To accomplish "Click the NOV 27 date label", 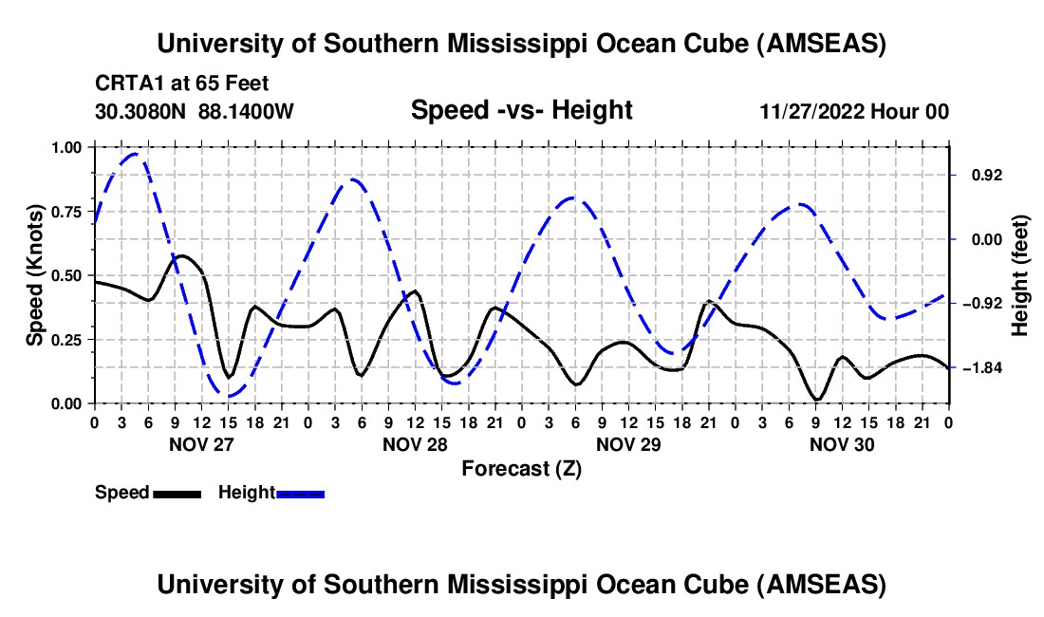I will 200,443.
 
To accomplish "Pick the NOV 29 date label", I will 628,443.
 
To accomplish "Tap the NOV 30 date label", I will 842,443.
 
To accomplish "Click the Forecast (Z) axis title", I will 521,468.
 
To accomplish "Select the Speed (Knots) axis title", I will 34,275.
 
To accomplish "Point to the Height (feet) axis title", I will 1019,275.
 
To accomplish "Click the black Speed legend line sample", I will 177,493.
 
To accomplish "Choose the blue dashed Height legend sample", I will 300,493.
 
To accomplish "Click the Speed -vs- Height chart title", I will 521,110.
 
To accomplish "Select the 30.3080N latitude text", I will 142,111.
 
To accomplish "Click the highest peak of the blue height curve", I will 135,153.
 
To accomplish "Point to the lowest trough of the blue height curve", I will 228,395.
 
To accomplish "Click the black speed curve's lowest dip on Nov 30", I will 816,400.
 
